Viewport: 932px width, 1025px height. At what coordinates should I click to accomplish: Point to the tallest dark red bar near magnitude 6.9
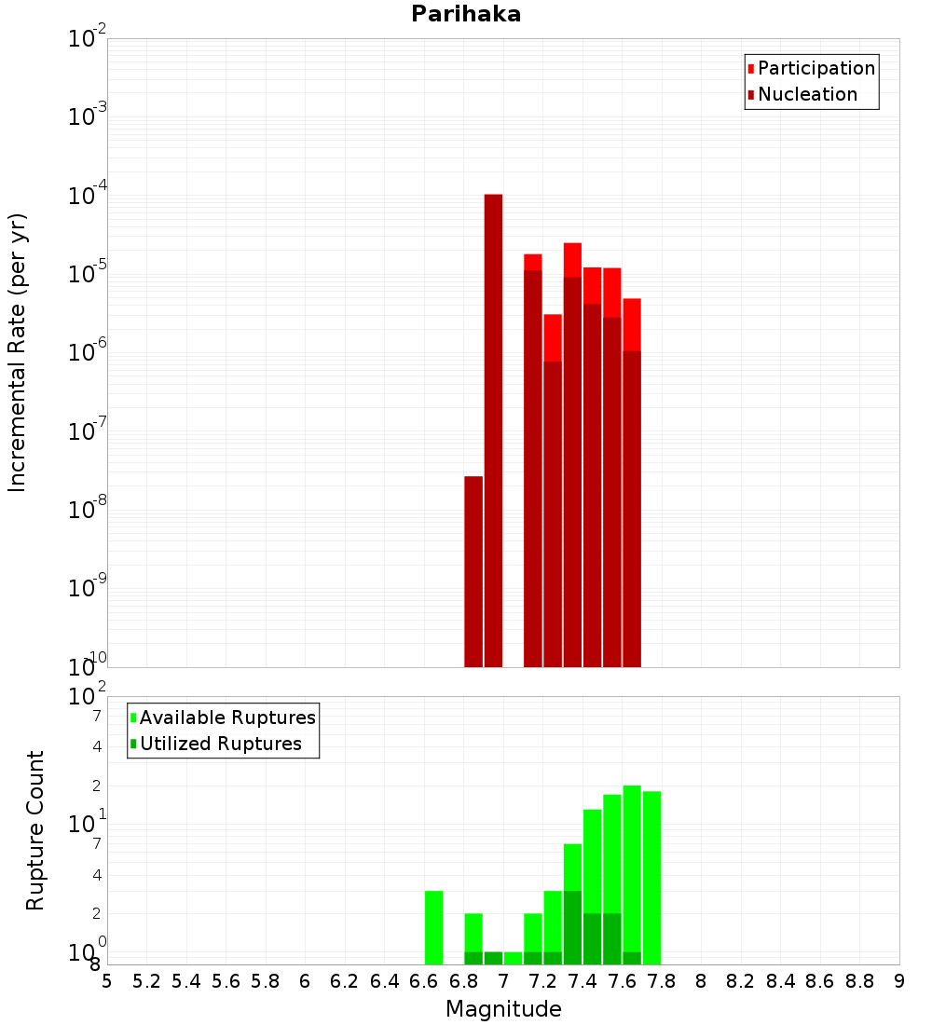[x=493, y=429]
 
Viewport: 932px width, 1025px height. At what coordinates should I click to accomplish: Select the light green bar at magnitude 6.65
[x=433, y=927]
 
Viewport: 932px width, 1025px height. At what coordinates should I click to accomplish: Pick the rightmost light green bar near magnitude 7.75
[x=651, y=876]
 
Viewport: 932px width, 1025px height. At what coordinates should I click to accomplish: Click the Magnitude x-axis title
[x=503, y=1009]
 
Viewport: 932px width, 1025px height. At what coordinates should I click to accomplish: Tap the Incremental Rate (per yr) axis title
[x=18, y=352]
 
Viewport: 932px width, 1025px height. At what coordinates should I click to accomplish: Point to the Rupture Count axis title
[x=35, y=830]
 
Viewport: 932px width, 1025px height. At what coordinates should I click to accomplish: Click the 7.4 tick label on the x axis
[x=582, y=981]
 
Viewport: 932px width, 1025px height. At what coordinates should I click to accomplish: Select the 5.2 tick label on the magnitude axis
[x=147, y=981]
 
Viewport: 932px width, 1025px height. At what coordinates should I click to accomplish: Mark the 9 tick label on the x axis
[x=898, y=981]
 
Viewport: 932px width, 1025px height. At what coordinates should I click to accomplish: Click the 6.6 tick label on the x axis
[x=424, y=981]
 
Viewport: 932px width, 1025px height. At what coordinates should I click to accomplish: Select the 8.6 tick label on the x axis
[x=820, y=981]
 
